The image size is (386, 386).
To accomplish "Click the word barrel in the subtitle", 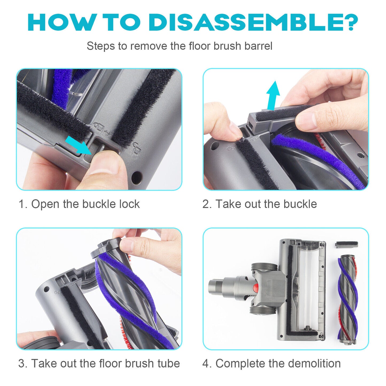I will click(x=258, y=46).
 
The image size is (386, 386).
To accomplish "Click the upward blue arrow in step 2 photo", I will click(x=273, y=95).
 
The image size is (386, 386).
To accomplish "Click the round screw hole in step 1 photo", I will click(x=137, y=177).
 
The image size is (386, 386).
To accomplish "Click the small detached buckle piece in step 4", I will click(x=346, y=245).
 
